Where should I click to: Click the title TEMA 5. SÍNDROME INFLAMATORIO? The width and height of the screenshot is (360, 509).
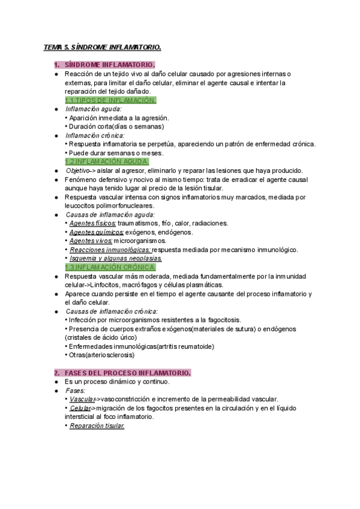(103, 47)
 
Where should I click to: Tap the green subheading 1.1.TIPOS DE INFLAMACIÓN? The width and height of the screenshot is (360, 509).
(110, 100)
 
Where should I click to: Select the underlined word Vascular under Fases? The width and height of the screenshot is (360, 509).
(81, 399)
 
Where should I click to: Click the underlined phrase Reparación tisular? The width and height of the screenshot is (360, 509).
(97, 426)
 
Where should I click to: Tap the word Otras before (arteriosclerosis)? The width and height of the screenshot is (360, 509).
(79, 355)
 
